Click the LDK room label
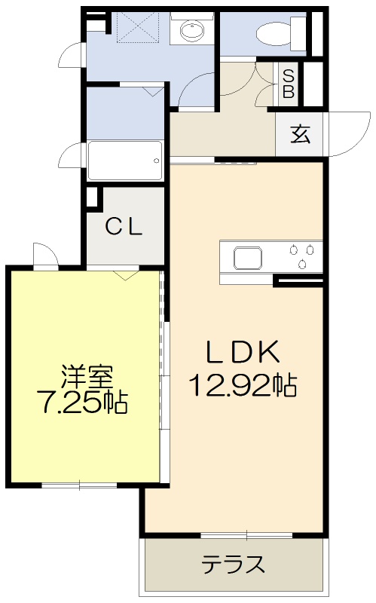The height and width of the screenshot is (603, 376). [x=243, y=352]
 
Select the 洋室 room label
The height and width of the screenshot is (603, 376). [x=86, y=375]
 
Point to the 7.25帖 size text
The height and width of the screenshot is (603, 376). [x=82, y=403]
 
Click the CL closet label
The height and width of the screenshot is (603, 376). [x=124, y=226]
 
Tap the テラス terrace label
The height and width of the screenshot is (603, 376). [x=233, y=563]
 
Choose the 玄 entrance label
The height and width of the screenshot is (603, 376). [x=300, y=135]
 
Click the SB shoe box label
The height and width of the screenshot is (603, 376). [x=289, y=84]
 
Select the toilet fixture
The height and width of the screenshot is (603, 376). [x=275, y=33]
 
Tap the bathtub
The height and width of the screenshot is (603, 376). [x=125, y=161]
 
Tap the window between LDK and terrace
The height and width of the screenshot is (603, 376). [x=246, y=535]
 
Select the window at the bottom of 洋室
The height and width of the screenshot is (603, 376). [x=79, y=485]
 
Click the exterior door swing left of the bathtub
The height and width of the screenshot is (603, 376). [x=72, y=156]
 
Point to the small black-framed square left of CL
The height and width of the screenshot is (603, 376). [x=93, y=197]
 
